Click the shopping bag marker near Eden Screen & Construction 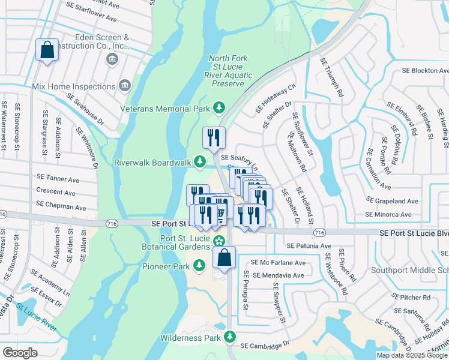tap(47, 50)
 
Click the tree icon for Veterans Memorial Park tap(220, 108)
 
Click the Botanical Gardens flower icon tap(220, 241)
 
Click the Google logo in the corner tap(20, 353)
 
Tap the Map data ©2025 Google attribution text tap(412, 355)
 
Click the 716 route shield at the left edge tap(2, 214)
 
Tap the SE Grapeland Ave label tap(392, 201)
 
